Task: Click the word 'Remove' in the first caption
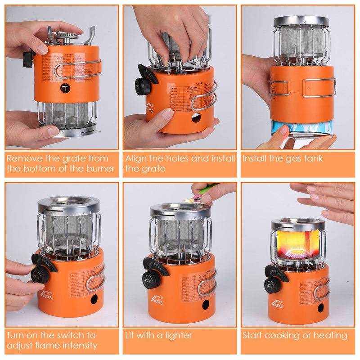(x=22, y=158)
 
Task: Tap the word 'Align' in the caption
(x=135, y=158)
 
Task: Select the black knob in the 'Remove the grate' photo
(x=28, y=58)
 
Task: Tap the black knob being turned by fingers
(x=40, y=274)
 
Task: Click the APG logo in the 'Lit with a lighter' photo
(x=156, y=299)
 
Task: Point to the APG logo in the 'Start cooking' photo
(x=277, y=303)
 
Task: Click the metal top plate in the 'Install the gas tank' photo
(x=301, y=21)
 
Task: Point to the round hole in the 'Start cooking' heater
(x=320, y=307)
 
